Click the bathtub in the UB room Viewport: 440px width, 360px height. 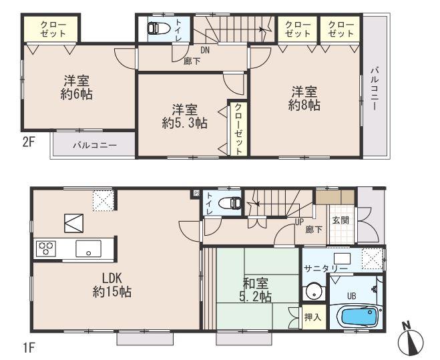(358, 315)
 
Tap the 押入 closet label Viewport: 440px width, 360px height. (313, 317)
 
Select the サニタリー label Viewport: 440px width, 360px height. (325, 268)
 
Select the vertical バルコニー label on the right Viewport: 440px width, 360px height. (375, 87)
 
